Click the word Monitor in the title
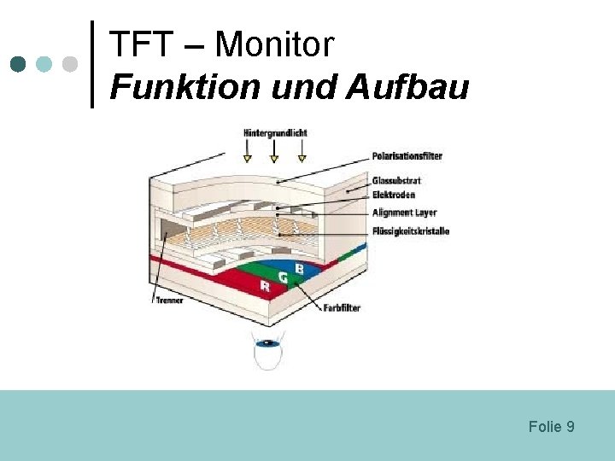coord(274,44)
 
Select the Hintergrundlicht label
coord(274,132)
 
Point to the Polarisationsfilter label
coord(407,156)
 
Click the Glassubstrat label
coord(396,181)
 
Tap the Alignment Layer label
coord(404,212)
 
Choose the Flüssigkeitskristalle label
coord(410,230)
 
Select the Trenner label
coord(169,301)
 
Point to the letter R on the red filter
coord(265,287)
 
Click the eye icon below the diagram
coord(267,343)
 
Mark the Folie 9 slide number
coord(551,426)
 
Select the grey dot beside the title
coord(70,64)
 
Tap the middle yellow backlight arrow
coord(274,156)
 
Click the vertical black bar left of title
coord(92,64)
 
